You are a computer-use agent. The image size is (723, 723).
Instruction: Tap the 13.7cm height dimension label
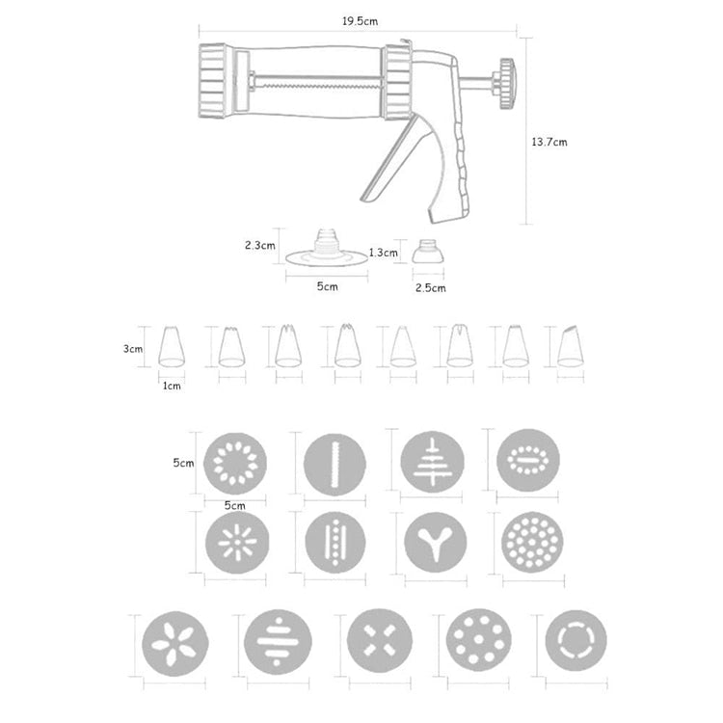pyautogui.click(x=549, y=142)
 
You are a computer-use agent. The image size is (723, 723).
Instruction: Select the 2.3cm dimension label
pyautogui.click(x=259, y=245)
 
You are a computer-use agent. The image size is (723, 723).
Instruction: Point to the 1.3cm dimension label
pyautogui.click(x=383, y=253)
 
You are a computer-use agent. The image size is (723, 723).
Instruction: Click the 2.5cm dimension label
pyautogui.click(x=430, y=287)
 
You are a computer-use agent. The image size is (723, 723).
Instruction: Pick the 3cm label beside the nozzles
pyautogui.click(x=133, y=350)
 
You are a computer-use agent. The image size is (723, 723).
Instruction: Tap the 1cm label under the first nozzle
pyautogui.click(x=172, y=386)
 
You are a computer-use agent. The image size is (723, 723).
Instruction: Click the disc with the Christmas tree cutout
pyautogui.click(x=432, y=461)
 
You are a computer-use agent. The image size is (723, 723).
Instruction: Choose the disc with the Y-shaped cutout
pyautogui.click(x=432, y=542)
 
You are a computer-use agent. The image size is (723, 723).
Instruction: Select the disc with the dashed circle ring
pyautogui.click(x=576, y=639)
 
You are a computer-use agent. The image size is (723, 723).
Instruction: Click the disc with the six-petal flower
pyautogui.click(x=174, y=642)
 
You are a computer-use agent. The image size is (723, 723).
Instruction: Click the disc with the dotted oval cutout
pyautogui.click(x=527, y=461)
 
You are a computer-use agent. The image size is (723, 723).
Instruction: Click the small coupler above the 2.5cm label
pyautogui.click(x=428, y=254)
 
